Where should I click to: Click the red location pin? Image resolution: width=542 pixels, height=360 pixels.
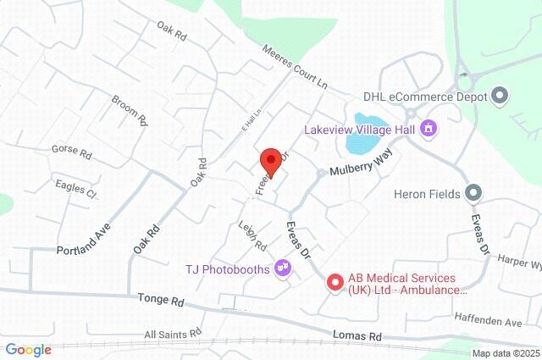point(270,159)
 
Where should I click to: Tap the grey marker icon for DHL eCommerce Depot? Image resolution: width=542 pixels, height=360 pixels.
point(501,96)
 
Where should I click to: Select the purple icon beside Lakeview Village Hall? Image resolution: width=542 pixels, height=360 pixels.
point(429,128)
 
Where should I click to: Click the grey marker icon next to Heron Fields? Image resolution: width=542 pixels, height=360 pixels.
point(474,194)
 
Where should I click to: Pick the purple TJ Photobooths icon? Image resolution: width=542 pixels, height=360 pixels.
point(283,269)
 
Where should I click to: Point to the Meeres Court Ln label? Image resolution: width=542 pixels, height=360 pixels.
point(294,65)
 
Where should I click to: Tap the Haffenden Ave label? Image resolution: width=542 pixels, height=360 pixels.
point(501,323)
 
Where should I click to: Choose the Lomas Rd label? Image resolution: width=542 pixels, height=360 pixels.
point(357,336)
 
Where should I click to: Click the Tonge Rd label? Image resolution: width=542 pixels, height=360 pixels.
point(161,301)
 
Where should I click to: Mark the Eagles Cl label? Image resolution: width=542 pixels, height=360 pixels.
point(76,188)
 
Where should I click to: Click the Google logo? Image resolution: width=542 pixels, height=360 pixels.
point(28,350)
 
